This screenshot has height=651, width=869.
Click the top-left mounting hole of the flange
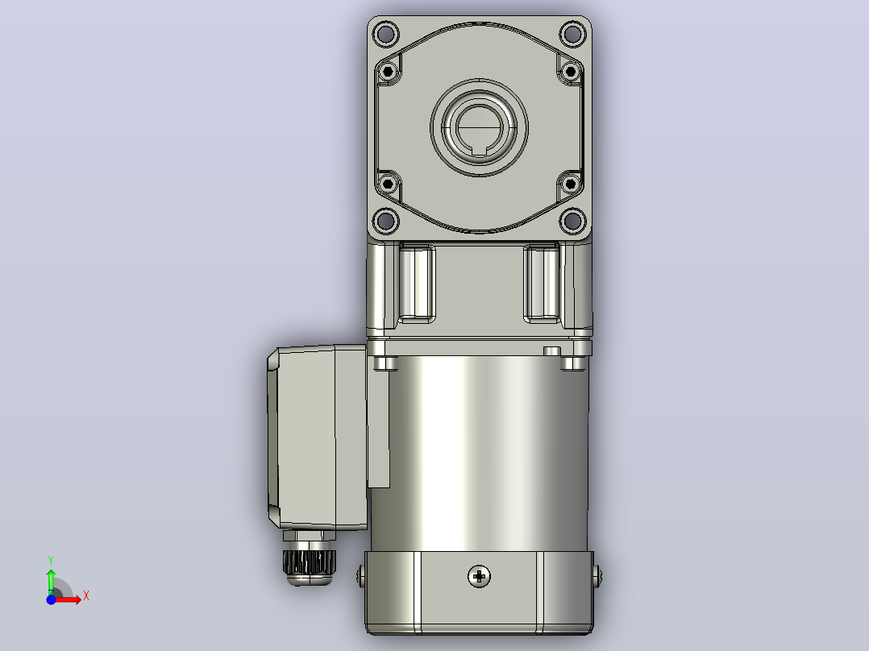385,34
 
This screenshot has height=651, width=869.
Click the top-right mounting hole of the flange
572,34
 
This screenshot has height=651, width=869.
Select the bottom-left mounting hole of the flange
385,221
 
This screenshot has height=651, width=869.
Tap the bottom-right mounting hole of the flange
572,221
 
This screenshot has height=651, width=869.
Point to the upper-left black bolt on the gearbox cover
388,72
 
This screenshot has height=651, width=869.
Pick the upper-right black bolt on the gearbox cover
570,72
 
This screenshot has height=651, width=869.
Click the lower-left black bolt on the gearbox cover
388,184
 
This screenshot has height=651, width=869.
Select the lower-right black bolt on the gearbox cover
570,184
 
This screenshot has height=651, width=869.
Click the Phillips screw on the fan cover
480,576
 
